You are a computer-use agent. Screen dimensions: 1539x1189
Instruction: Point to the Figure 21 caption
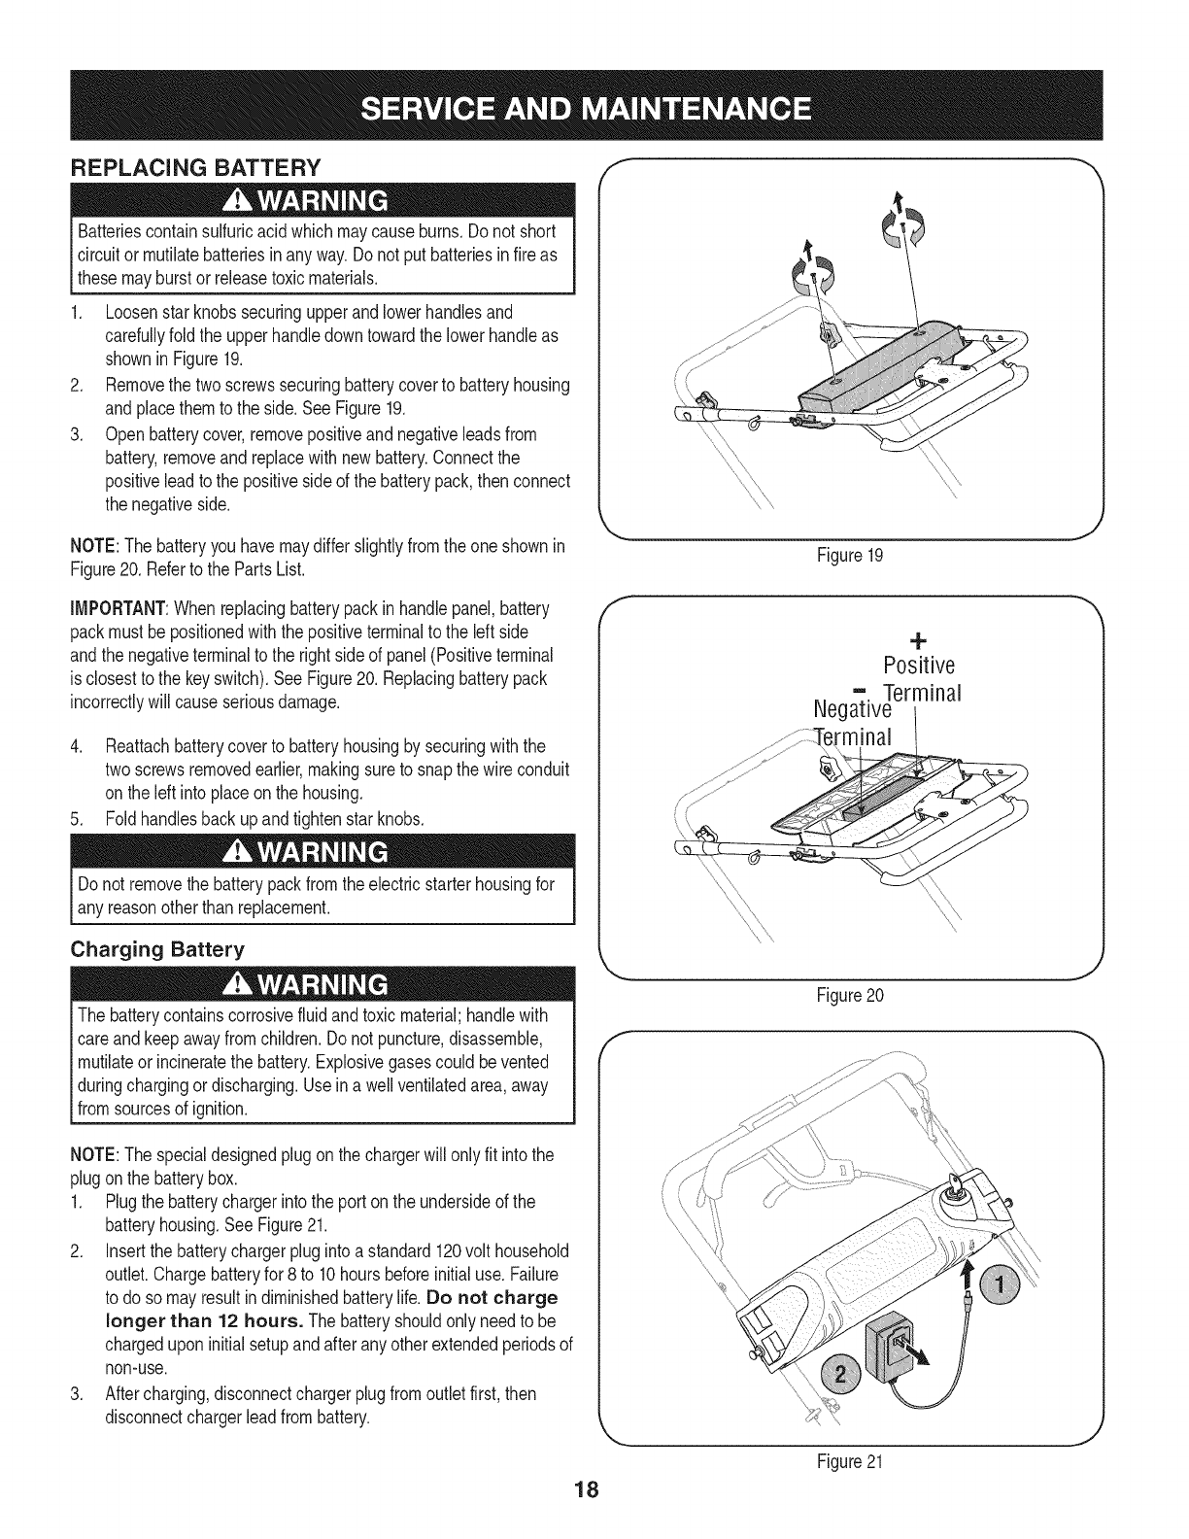point(852,1460)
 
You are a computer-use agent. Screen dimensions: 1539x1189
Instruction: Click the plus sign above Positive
point(916,640)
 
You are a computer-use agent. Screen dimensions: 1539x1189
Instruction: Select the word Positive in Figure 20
point(920,666)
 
